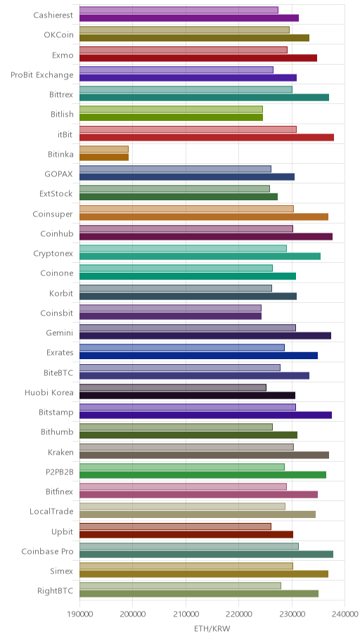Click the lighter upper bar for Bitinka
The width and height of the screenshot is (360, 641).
coord(104,149)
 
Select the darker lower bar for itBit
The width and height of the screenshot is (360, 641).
coord(207,137)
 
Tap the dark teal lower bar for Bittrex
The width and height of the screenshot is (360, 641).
coord(204,97)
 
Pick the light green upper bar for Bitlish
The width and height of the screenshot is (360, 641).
coord(171,110)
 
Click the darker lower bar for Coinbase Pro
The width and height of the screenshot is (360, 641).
coord(206,555)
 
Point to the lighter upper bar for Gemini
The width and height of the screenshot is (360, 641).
coord(187,328)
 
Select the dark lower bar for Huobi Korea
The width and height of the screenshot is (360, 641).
coord(187,395)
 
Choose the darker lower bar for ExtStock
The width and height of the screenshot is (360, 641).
coord(179,197)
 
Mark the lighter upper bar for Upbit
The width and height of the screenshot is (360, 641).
coord(175,526)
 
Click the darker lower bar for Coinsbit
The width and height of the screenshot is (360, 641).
coord(170,316)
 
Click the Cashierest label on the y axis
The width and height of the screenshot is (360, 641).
coord(53,15)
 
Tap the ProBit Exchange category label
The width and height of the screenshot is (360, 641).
coord(42,75)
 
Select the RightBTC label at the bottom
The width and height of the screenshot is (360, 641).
coord(56,590)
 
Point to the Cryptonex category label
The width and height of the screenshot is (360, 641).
coord(53,254)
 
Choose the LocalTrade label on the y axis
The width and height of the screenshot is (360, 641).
coord(51,512)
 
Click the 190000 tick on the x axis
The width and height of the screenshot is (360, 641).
coord(79,614)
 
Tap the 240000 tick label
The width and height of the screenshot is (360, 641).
coord(345,614)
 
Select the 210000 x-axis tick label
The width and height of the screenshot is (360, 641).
coord(186,614)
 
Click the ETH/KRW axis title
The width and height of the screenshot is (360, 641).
coord(212,629)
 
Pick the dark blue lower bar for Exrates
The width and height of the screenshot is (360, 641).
coord(198,356)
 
